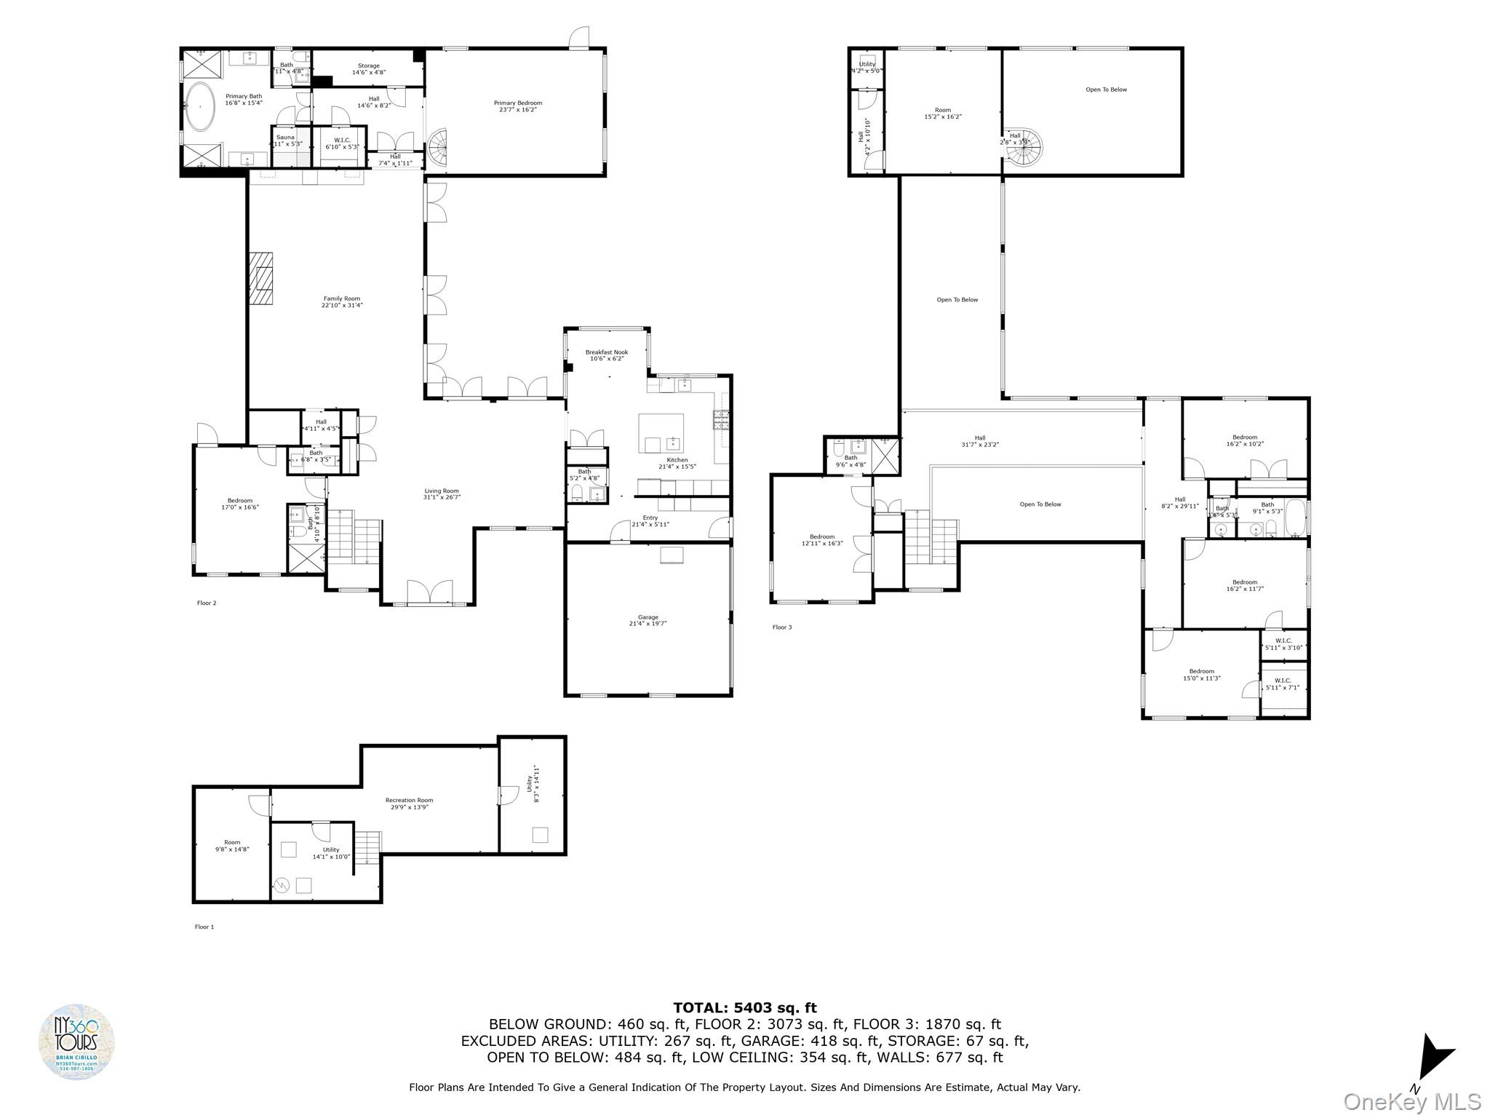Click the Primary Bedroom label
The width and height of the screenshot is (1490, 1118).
click(517, 103)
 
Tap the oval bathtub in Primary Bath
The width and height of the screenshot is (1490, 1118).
click(199, 106)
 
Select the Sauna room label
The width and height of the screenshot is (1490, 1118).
click(285, 137)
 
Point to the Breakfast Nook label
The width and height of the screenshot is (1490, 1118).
click(606, 352)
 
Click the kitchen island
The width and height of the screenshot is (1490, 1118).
click(661, 434)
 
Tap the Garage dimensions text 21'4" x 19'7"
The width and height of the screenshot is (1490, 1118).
click(648, 624)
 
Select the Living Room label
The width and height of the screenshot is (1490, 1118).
click(442, 491)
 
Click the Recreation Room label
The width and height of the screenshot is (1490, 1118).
click(409, 801)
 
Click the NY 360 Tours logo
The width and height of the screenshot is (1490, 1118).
click(76, 1042)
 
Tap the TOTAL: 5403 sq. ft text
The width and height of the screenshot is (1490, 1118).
click(744, 1008)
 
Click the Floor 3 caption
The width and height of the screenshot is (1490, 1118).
click(782, 627)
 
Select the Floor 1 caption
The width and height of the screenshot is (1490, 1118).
click(204, 927)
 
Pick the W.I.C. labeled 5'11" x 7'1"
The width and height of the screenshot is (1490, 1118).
click(1283, 684)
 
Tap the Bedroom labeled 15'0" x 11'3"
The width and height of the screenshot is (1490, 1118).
click(1201, 675)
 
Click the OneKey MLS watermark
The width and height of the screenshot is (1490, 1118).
click(1411, 1101)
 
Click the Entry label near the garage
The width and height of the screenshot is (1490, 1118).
click(650, 518)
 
